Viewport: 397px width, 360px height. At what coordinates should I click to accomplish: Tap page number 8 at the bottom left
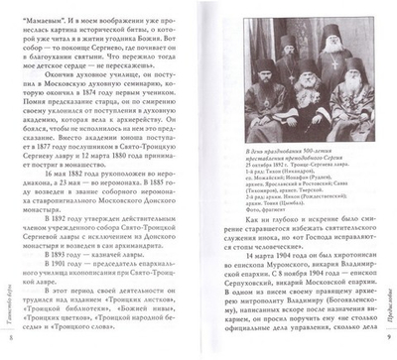pyautogui.click(x=11, y=341)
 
